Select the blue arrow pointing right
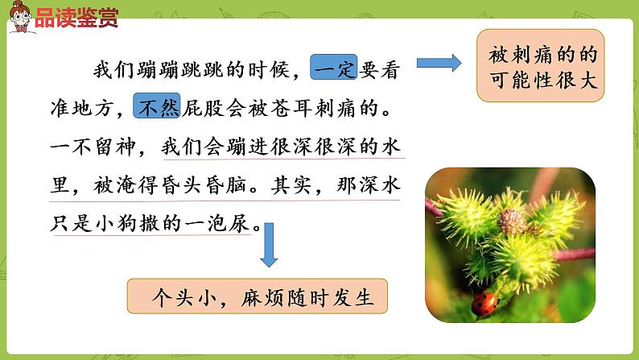(439, 63)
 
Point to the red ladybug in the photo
(484, 304)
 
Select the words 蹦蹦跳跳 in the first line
(174, 68)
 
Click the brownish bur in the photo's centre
(510, 221)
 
